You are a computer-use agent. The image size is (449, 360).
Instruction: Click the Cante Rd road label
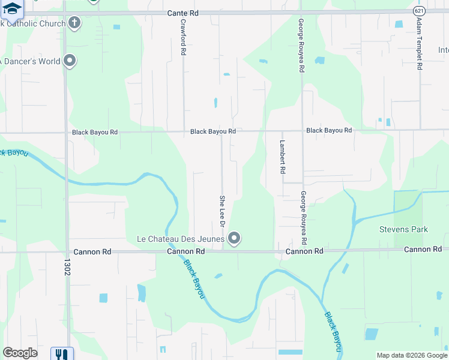click(x=184, y=12)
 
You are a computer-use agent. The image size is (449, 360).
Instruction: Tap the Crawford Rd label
click(x=184, y=37)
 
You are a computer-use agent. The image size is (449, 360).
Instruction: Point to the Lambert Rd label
click(x=282, y=157)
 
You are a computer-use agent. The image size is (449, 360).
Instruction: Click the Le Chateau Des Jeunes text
click(x=181, y=239)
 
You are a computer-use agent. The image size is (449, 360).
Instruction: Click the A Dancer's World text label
click(x=30, y=61)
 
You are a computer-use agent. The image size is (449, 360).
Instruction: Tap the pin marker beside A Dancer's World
click(x=70, y=60)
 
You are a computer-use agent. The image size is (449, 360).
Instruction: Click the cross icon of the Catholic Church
click(x=74, y=23)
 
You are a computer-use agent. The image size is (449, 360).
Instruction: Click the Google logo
click(x=20, y=353)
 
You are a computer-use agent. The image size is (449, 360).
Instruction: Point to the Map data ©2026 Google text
click(x=411, y=355)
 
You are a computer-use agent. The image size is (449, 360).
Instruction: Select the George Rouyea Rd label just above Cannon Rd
click(x=304, y=217)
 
